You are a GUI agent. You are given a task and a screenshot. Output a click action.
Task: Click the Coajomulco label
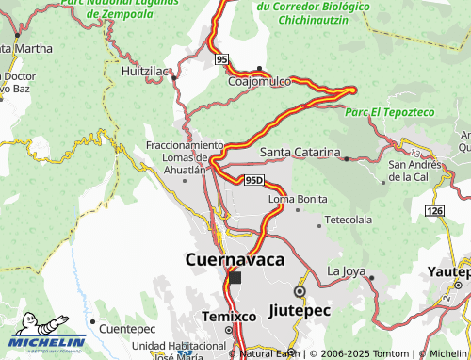[259, 81]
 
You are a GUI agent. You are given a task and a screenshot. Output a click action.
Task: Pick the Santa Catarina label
[300, 152]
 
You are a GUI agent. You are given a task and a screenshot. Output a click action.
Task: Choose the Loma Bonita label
[298, 199]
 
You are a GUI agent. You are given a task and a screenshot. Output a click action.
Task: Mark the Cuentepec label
[126, 329]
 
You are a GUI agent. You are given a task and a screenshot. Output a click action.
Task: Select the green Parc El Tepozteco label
[390, 112]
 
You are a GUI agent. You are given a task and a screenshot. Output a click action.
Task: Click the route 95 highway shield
[221, 59]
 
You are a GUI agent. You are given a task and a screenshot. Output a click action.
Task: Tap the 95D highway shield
[252, 179]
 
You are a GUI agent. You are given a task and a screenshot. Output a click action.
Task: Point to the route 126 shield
[433, 209]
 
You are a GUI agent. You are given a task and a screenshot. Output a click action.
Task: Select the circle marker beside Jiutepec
[300, 291]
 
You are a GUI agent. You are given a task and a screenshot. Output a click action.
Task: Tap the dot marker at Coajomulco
[259, 68]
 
